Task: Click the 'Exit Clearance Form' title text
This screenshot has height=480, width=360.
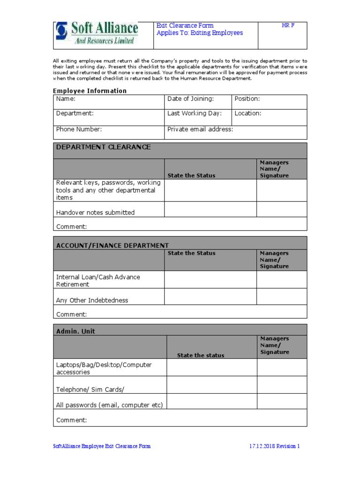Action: (185, 26)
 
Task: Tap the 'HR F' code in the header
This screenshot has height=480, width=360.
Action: (288, 26)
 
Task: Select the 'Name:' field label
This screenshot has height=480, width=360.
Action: (66, 99)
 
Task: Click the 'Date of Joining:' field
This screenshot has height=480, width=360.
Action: (190, 99)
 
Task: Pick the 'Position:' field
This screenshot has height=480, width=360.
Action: (247, 99)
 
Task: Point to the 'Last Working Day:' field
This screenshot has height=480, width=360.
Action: (194, 113)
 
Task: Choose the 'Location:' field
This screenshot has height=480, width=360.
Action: (248, 113)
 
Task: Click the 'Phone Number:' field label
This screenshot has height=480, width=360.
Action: (79, 129)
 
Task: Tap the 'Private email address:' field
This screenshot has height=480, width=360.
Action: (200, 129)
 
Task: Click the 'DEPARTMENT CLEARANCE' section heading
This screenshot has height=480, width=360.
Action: (103, 147)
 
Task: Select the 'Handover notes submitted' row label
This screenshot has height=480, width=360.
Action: (95, 212)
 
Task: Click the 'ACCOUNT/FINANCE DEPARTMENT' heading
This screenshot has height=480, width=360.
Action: (112, 245)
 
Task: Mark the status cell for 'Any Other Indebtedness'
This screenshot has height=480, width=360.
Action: (210, 297)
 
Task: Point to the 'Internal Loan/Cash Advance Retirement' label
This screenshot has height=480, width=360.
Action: (98, 280)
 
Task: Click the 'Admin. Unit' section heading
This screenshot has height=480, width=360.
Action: (75, 331)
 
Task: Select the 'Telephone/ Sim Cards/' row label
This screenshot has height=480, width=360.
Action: (90, 390)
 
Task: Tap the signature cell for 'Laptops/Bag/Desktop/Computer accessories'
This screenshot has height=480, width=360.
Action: (282, 367)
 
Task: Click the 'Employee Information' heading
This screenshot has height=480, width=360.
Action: (90, 91)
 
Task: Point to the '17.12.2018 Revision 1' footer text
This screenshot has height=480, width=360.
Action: (274, 446)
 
